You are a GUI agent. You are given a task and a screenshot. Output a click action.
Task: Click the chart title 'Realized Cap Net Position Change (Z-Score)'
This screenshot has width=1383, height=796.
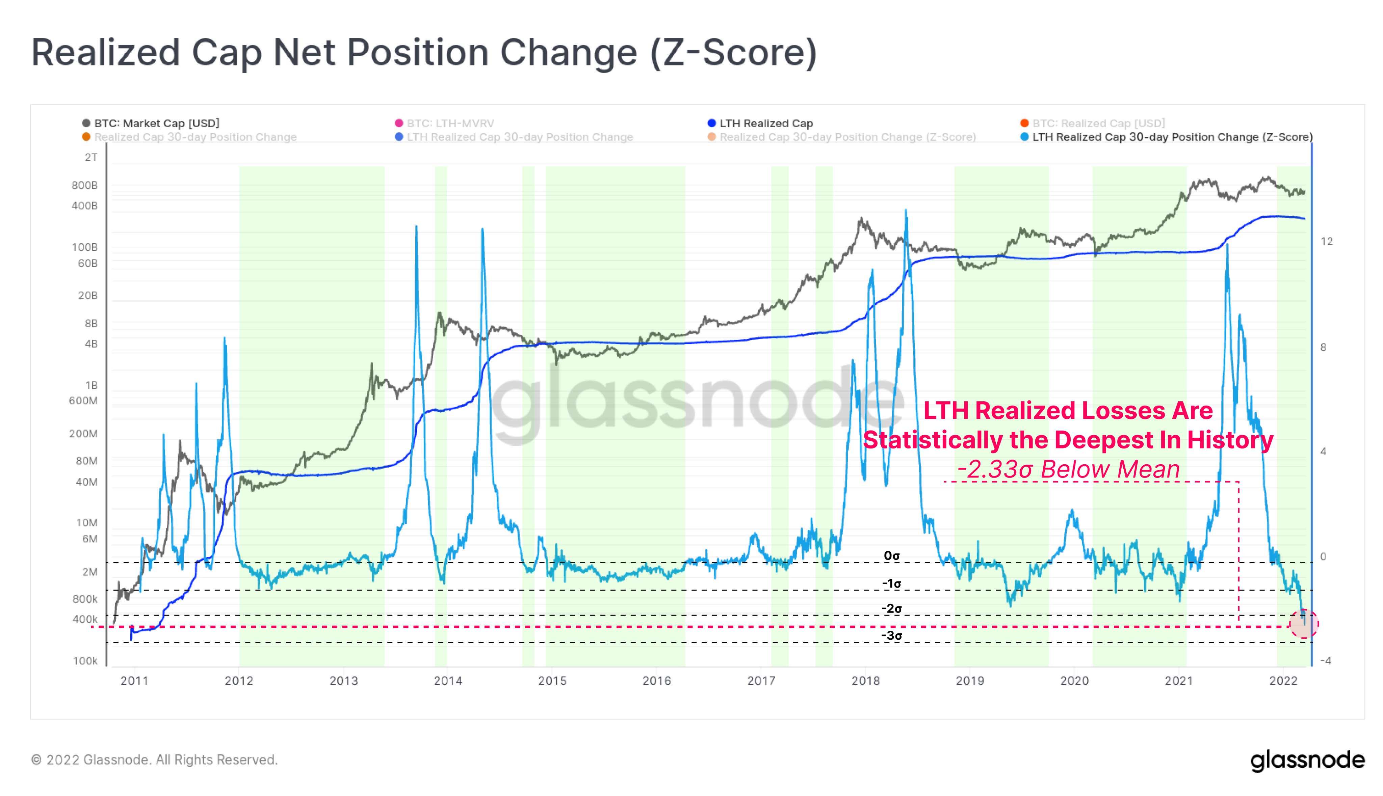tap(423, 53)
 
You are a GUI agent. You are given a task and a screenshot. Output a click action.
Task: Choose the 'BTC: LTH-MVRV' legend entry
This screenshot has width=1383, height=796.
tap(450, 123)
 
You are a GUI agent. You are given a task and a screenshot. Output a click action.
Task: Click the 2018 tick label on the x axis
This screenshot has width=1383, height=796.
tap(865, 681)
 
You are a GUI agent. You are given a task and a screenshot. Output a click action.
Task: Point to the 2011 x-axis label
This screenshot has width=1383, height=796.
tap(135, 681)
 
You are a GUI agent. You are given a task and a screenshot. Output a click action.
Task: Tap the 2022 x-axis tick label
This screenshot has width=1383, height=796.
tap(1283, 681)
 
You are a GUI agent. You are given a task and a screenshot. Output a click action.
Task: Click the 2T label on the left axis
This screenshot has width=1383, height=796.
tap(91, 158)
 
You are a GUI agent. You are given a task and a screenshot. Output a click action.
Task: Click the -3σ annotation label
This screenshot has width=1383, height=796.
tap(891, 635)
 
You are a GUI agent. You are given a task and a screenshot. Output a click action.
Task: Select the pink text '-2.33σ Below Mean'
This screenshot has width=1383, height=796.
tap(1068, 469)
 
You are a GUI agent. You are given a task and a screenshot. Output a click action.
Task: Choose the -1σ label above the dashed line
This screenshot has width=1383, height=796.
tap(891, 583)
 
